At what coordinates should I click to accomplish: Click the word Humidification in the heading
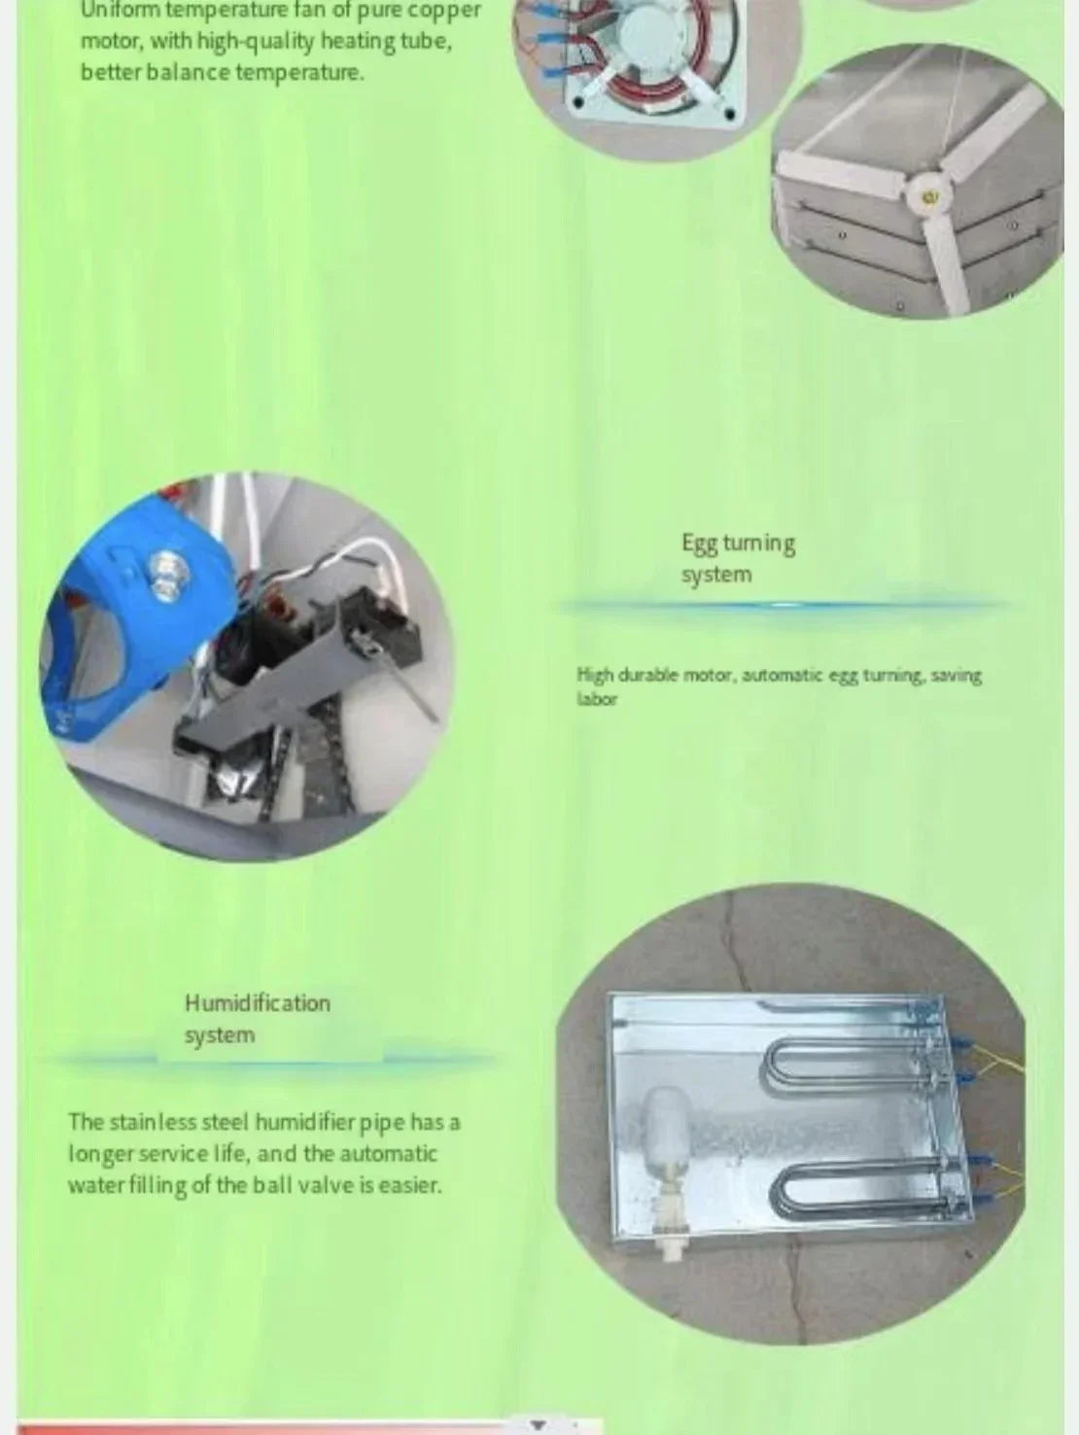pyautogui.click(x=258, y=1003)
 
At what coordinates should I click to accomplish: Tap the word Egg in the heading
pyautogui.click(x=698, y=543)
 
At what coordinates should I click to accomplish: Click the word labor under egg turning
pyautogui.click(x=597, y=699)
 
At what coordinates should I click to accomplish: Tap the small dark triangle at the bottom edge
pyautogui.click(x=538, y=1424)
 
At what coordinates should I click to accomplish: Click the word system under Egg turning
pyautogui.click(x=716, y=576)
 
